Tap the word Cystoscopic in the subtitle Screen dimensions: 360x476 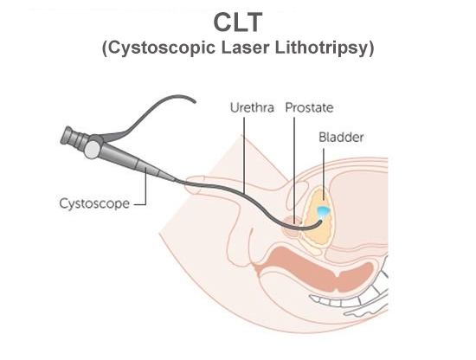[156, 48]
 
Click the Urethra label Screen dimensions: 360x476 [252, 110]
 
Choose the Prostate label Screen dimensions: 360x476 [309, 110]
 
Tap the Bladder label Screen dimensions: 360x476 [341, 137]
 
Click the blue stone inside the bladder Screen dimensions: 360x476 [322, 211]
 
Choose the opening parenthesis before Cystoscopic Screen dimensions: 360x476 [105, 48]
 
